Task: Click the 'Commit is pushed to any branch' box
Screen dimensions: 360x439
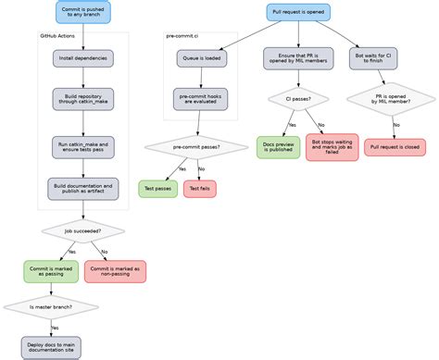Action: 82,13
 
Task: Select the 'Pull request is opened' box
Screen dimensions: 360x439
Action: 298,13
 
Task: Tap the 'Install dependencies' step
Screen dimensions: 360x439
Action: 82,58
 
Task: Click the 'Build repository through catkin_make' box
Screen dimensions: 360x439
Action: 82,99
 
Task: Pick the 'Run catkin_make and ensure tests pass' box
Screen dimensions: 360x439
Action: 82,147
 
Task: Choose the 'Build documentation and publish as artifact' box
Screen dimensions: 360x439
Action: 82,189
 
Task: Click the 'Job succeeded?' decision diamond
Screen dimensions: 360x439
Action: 82,230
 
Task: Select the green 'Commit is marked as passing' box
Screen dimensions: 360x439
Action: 51,271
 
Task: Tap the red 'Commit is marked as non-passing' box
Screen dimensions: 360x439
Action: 115,271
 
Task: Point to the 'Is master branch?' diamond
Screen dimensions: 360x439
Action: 51,306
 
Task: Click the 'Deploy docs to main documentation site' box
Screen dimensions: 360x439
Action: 51,347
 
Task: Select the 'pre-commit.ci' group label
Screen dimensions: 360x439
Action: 182,36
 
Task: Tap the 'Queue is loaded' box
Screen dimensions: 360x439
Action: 201,58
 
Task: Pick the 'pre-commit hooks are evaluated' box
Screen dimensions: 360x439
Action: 201,99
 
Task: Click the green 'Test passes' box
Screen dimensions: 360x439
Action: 158,189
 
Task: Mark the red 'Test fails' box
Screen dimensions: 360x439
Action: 199,189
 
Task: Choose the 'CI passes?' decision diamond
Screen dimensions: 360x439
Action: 298,98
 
